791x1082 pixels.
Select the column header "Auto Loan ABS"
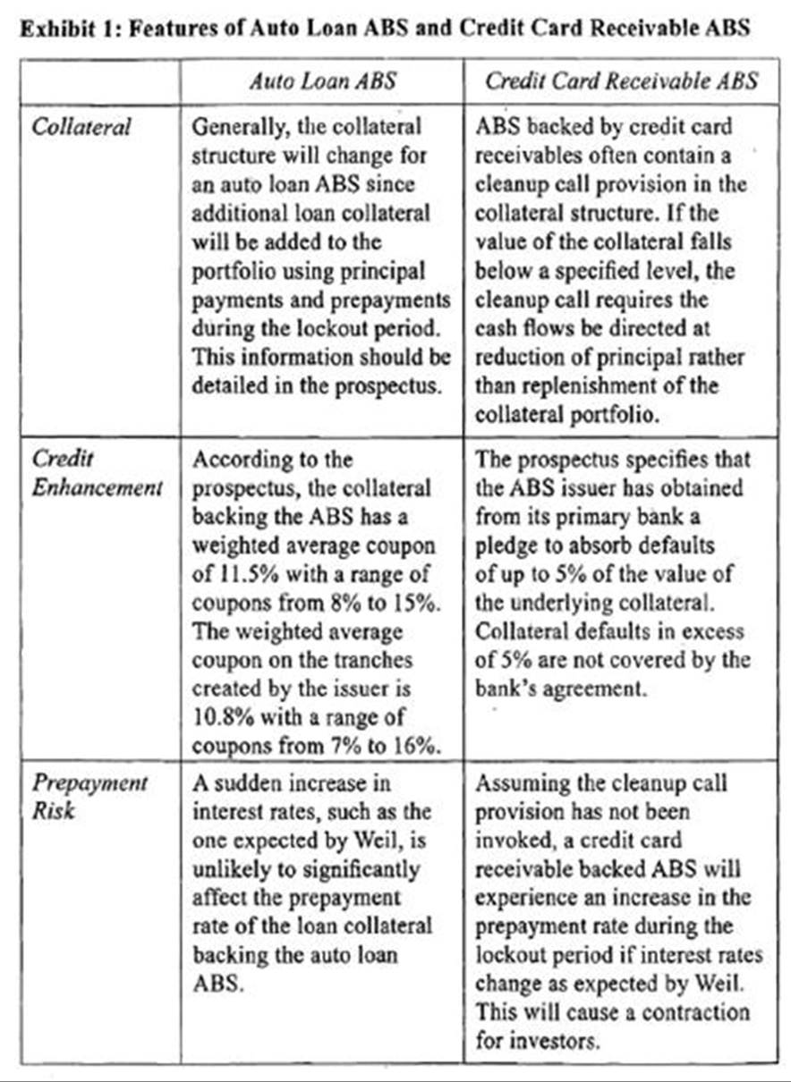point(322,81)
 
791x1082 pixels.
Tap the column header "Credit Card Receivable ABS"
point(621,81)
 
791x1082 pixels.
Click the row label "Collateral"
point(81,126)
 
